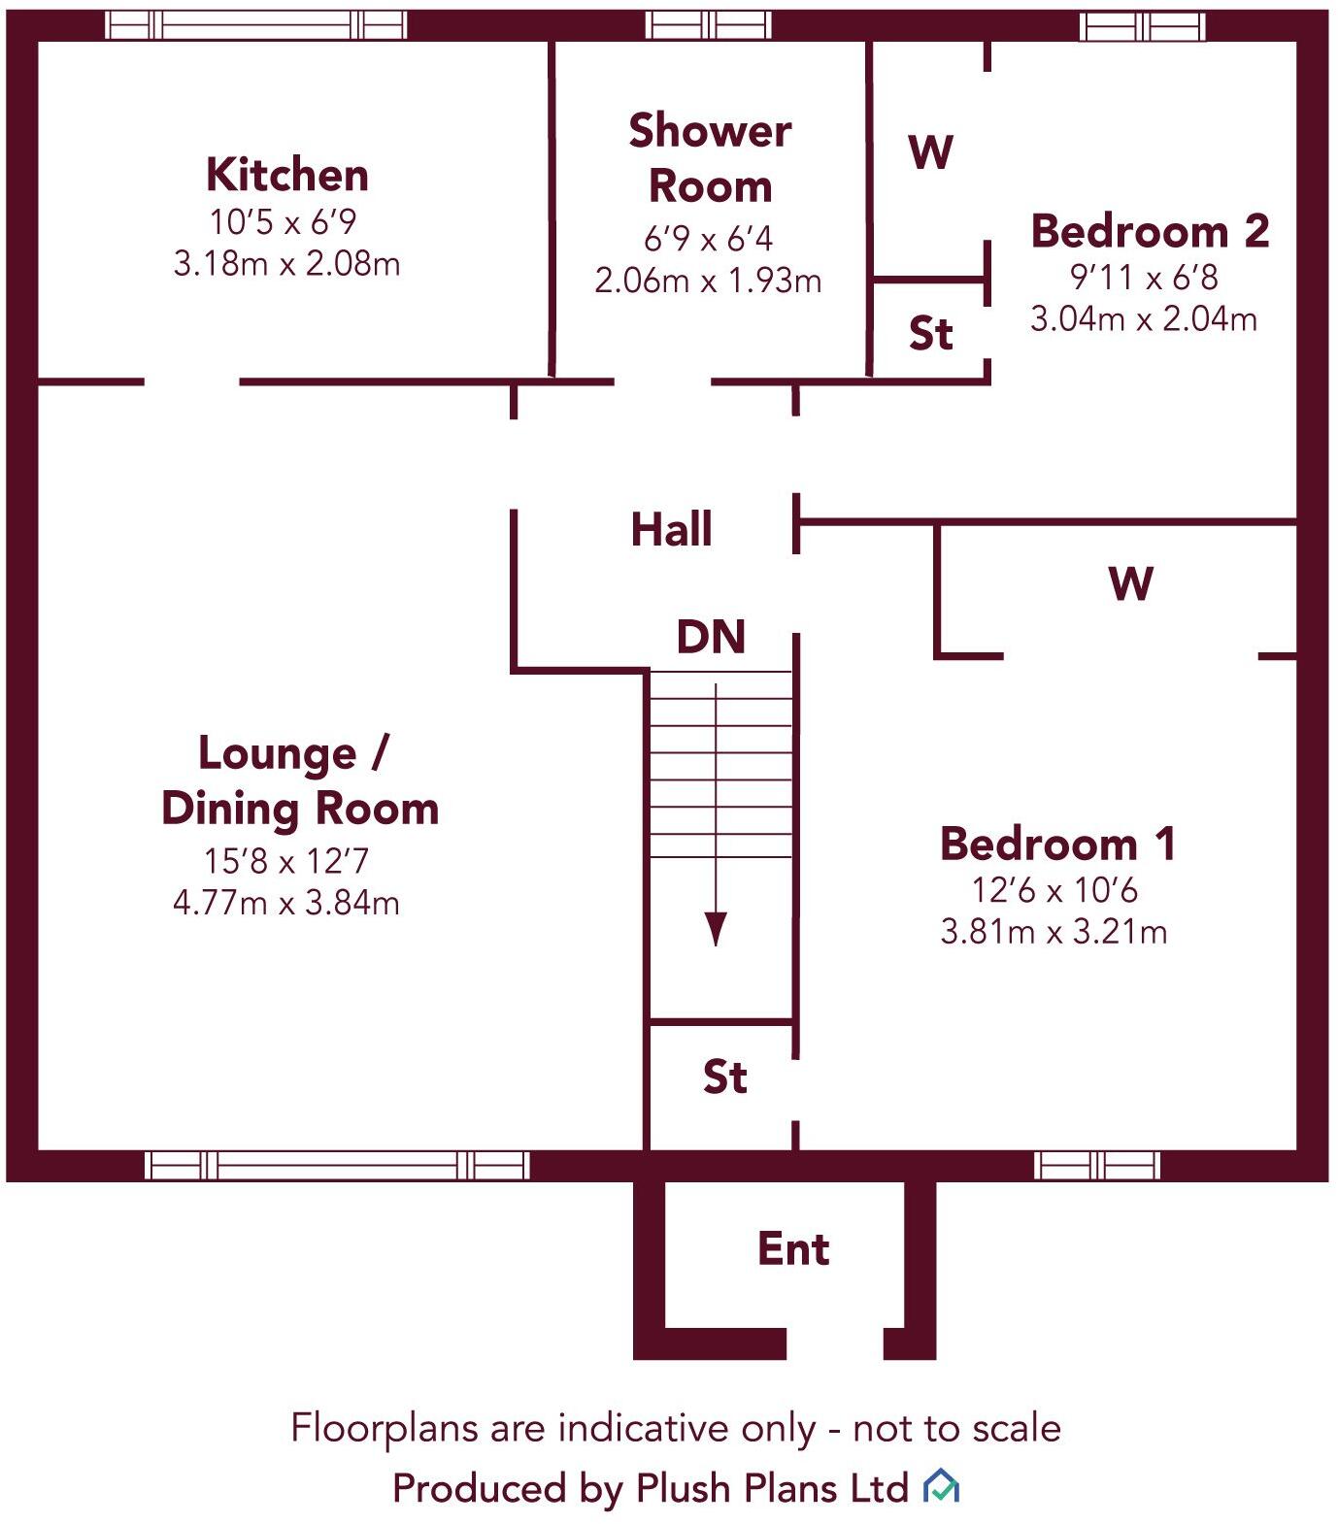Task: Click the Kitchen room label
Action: tap(287, 176)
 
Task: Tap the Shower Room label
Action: tap(710, 158)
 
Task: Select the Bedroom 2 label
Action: tap(1150, 231)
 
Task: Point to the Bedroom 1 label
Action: tap(1057, 844)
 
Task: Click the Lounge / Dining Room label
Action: tap(299, 780)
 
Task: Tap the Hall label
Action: tap(671, 530)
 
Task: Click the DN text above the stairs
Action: tap(711, 637)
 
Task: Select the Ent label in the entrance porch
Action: tap(793, 1249)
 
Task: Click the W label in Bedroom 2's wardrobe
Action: tap(930, 152)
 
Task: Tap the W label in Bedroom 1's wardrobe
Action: tap(1130, 584)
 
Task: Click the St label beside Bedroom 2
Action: tap(930, 333)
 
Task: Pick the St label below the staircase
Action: tap(724, 1077)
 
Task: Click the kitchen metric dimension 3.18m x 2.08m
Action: tap(286, 264)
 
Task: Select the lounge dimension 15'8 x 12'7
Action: tap(286, 861)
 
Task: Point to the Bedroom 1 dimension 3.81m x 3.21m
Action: tap(1054, 933)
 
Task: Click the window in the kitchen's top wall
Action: tap(255, 25)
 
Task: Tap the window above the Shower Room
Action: tap(709, 25)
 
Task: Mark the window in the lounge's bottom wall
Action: tap(337, 1165)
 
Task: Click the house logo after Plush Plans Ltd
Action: tap(941, 1486)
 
